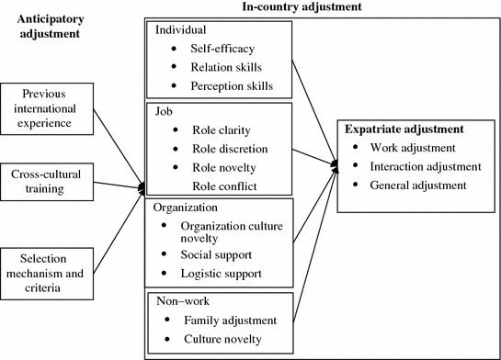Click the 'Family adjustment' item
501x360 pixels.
[230, 320]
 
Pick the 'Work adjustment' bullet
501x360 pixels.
[413, 148]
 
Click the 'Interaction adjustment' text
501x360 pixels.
[426, 166]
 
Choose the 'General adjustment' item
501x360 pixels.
[418, 185]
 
